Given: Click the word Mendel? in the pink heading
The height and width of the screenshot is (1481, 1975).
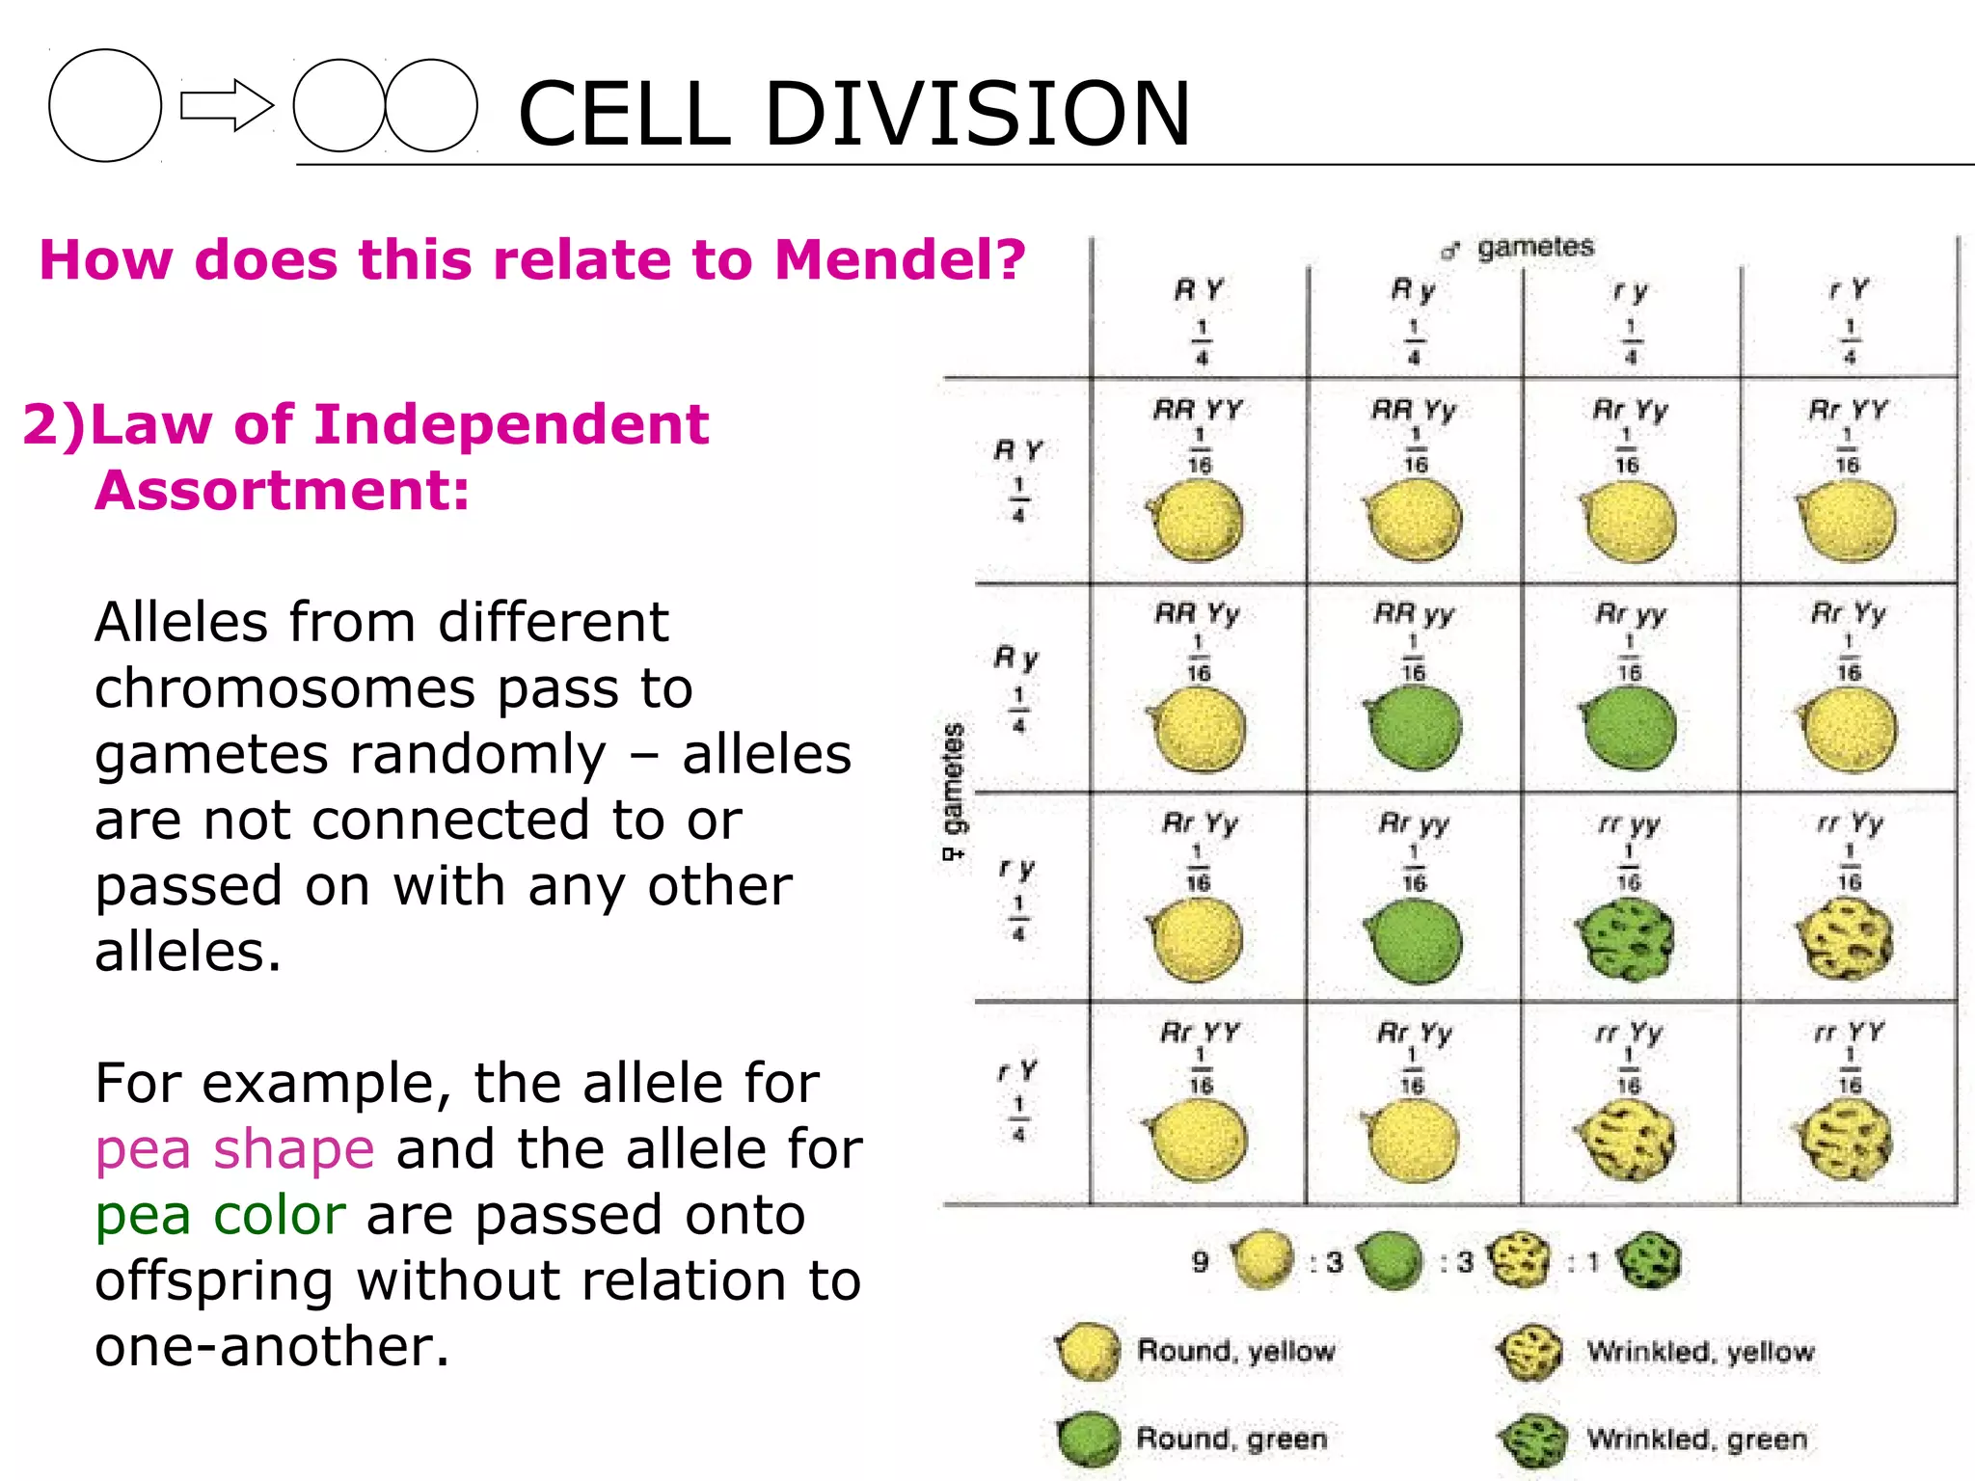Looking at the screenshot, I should click(x=899, y=260).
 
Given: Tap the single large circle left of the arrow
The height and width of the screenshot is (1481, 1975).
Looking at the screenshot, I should click(x=105, y=105).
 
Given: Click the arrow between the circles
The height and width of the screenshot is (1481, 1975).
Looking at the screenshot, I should click(x=227, y=105).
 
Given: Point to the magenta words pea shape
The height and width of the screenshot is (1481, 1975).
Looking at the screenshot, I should click(x=234, y=1149).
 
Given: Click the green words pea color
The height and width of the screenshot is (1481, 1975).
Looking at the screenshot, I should click(x=220, y=1215).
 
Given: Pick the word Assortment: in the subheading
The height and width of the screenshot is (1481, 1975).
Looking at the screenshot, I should click(x=282, y=490).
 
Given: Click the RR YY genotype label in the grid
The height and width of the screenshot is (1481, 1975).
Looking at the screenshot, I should click(x=1199, y=410).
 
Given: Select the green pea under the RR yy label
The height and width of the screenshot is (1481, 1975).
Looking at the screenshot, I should click(x=1414, y=728).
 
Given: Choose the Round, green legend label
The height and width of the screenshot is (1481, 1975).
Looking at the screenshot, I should click(x=1231, y=1439).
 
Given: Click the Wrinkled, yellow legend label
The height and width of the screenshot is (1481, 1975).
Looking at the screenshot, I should click(x=1700, y=1352).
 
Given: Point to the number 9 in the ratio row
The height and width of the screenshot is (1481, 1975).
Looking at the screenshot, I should click(x=1200, y=1261).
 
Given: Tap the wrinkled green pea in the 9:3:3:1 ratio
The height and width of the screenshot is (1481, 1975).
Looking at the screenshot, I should click(x=1648, y=1261).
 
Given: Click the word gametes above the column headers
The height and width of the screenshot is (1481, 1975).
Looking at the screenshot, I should click(x=1535, y=248).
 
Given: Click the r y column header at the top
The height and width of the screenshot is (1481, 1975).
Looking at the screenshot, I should click(x=1631, y=290).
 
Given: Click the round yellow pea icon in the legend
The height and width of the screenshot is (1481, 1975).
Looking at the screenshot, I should click(x=1089, y=1351).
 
